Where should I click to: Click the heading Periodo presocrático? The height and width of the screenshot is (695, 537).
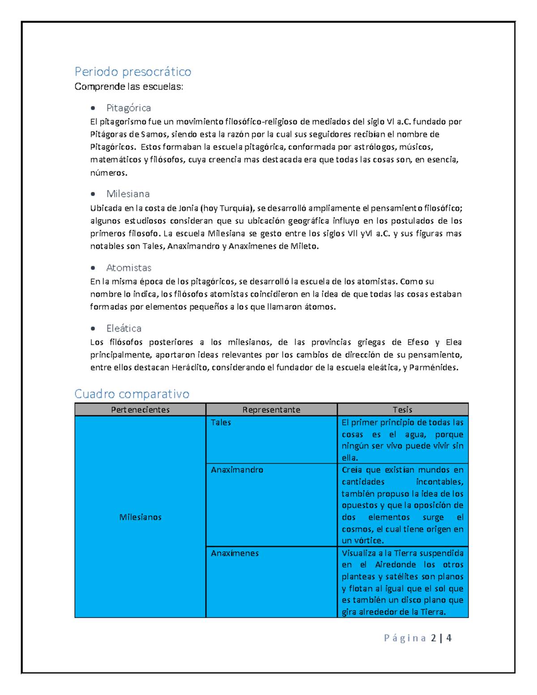133,72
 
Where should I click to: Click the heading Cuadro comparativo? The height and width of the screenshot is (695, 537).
132,394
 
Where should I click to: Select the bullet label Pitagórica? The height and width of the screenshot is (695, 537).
128,108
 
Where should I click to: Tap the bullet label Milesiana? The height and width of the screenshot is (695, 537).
128,194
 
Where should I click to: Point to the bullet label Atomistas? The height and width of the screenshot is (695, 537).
129,268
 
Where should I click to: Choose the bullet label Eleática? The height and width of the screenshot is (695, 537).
124,328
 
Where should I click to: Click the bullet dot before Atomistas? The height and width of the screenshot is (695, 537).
93,268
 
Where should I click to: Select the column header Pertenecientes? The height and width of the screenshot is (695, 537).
140,409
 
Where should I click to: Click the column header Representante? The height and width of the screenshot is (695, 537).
271,409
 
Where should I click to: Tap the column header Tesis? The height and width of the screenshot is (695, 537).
402,409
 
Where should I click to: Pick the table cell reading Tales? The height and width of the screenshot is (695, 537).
221,422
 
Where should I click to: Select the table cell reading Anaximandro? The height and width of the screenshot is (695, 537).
237,470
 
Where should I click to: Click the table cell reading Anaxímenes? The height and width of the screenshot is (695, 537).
235,553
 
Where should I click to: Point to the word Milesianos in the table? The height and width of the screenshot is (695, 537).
140,517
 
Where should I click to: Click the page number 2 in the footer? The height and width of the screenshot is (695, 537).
434,638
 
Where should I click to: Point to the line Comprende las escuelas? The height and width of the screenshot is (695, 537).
129,87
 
